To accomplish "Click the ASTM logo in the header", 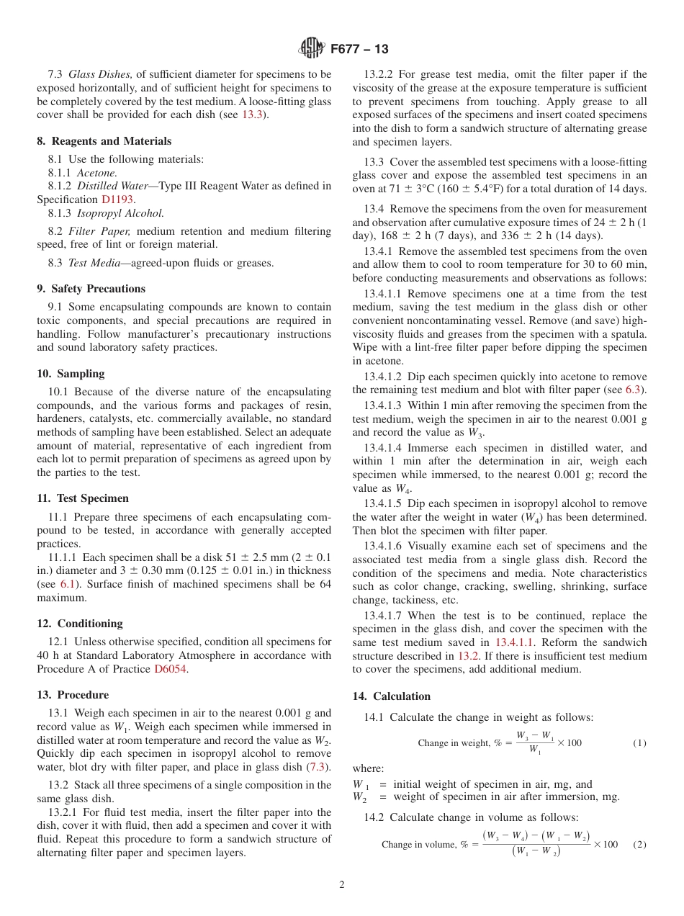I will [x=312, y=49].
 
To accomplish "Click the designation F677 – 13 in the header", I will [x=359, y=49].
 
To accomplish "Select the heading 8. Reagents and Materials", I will [x=104, y=141].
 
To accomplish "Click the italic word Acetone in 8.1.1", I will [x=96, y=173].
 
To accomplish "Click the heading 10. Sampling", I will [x=71, y=374].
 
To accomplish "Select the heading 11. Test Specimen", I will [x=83, y=498].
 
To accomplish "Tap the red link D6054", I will [x=171, y=669].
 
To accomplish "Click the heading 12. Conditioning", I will [x=80, y=624].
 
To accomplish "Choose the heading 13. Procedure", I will [x=73, y=695].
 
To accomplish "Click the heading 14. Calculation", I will [x=391, y=696].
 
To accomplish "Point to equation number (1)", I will [x=639, y=743].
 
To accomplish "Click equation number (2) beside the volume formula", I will [x=639, y=844].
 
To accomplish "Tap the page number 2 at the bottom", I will [x=342, y=885].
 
